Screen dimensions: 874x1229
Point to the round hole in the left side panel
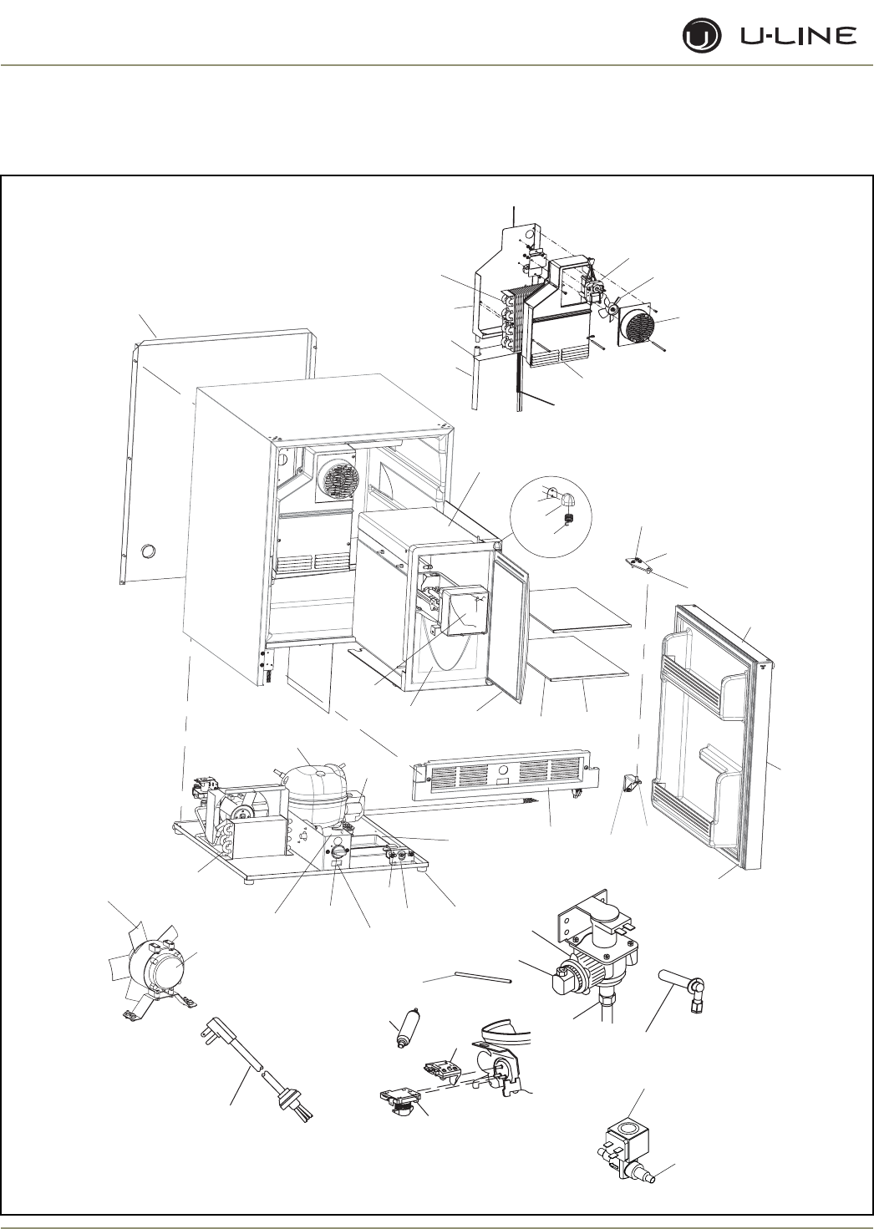tap(148, 552)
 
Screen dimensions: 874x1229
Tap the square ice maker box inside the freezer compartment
tap(465, 610)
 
